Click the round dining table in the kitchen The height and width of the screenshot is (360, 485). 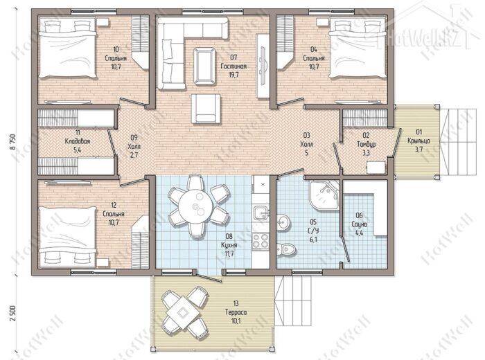[195, 206]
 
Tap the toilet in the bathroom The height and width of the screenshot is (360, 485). [286, 249]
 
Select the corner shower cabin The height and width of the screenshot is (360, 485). [324, 195]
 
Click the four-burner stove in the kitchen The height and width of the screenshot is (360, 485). [261, 240]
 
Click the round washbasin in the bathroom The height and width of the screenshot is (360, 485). [283, 222]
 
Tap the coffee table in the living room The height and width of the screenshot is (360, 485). [204, 66]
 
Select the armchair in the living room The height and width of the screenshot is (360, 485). [206, 109]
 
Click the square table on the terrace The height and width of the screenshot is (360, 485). [183, 313]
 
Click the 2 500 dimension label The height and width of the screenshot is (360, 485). [12, 314]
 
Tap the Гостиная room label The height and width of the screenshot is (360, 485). [233, 66]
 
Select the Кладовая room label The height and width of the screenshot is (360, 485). [78, 141]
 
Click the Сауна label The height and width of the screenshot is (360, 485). [359, 224]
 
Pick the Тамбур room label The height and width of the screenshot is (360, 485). [366, 144]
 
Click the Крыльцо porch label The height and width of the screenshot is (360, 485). [418, 141]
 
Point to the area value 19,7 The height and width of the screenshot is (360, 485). [233, 75]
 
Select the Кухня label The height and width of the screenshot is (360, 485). [229, 245]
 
